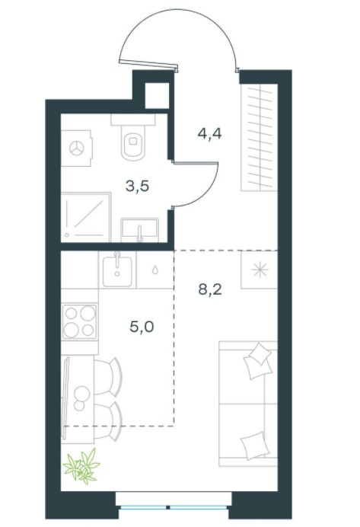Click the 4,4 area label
coord(209,134)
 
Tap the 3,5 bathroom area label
coord(137,186)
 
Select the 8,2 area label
coord(210,289)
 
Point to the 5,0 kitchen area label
coord(142,327)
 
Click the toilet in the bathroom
coord(132,137)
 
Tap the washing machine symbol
coord(77,149)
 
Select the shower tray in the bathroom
coord(86,217)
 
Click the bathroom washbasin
coord(140,230)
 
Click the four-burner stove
coord(80,321)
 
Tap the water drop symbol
coord(155,270)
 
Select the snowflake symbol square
coord(260,270)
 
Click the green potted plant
coord(81,465)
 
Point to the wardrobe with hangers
coord(260,137)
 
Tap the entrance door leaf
coord(148,64)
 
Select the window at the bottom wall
coord(174,507)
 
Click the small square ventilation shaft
coord(157,95)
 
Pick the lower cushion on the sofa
coord(255,446)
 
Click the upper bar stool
coord(108,375)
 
